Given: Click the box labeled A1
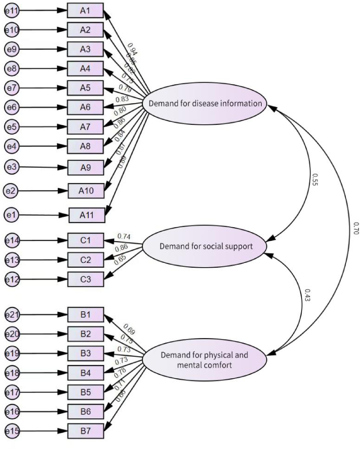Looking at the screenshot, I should (x=85, y=11).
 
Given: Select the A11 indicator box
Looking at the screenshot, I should (x=86, y=215).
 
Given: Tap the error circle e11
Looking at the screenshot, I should (x=12, y=11).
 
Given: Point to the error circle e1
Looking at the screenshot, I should (x=12, y=215).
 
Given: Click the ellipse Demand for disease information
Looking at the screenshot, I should (x=205, y=103).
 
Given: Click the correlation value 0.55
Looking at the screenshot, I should (x=315, y=180).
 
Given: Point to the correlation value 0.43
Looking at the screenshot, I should (x=307, y=295).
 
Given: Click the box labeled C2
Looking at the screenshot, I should (x=85, y=260).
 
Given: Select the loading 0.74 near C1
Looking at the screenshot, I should (x=124, y=236).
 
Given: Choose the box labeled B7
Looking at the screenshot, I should (x=85, y=431).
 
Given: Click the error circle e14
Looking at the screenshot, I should (x=12, y=240).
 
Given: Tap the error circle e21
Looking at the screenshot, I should (x=12, y=315).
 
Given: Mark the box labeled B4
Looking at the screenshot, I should (x=85, y=373).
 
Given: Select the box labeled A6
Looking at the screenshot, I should (x=85, y=107).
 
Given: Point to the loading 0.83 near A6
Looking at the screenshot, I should (x=122, y=99).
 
